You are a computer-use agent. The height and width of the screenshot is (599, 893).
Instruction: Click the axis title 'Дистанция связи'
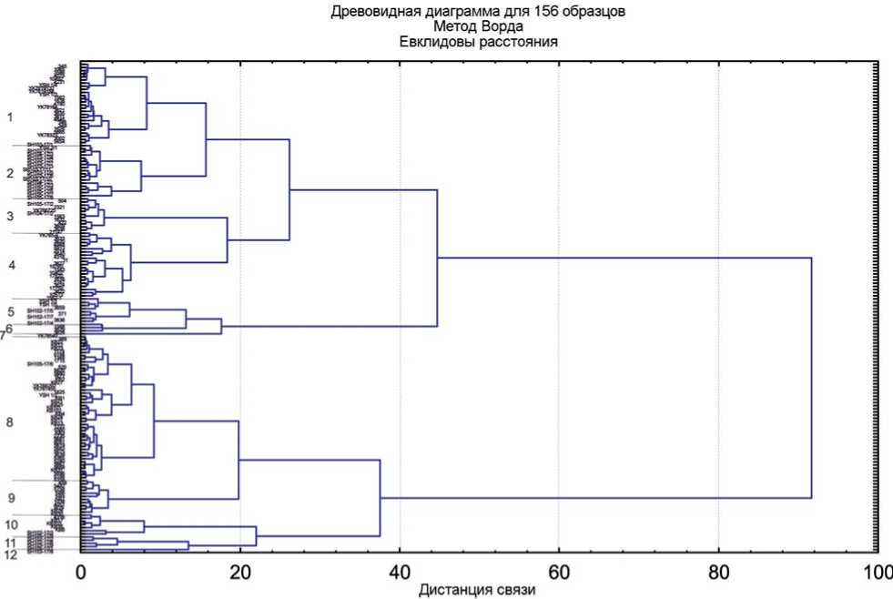[477, 590]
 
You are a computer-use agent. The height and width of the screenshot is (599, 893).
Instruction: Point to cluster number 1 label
[10, 117]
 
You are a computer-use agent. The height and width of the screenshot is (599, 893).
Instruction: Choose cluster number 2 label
[10, 173]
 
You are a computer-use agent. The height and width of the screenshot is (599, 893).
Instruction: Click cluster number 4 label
[12, 265]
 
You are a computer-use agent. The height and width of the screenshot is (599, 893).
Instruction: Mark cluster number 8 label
[10, 422]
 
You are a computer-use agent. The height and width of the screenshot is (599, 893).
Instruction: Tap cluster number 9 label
[12, 498]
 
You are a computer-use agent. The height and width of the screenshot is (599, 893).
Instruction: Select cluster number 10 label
[12, 524]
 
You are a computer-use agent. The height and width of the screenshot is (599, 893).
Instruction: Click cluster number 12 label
[11, 554]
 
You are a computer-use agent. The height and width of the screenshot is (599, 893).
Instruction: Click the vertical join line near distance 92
[811, 378]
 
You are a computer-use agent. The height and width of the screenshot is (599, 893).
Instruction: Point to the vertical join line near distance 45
[438, 258]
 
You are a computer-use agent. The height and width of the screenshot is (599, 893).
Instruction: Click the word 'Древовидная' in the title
[364, 12]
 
